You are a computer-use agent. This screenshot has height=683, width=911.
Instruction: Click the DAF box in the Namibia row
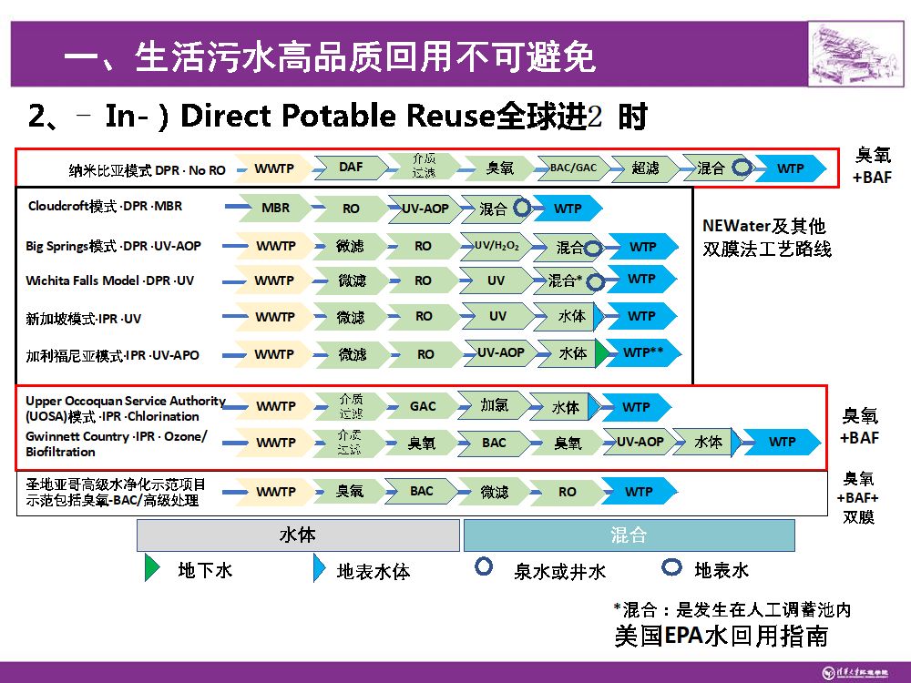tap(351, 168)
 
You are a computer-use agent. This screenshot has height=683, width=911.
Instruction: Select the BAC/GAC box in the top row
tap(573, 168)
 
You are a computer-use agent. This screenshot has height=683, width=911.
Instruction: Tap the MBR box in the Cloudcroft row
tap(275, 208)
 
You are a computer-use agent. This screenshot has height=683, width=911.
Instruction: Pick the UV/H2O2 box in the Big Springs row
tap(496, 246)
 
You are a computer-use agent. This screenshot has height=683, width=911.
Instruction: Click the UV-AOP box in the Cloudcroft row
tap(425, 209)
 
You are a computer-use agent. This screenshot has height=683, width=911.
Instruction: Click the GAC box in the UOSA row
tap(423, 406)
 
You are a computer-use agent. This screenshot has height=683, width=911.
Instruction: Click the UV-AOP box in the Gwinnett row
tap(640, 442)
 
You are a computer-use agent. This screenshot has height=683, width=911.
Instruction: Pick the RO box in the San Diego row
tap(567, 492)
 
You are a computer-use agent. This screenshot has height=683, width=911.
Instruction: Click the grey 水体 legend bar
tap(298, 535)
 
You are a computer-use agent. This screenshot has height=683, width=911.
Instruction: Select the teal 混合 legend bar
tap(629, 535)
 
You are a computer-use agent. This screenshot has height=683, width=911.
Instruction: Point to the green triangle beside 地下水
tap(152, 568)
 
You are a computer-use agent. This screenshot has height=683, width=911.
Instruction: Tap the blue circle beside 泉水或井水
tap(485, 567)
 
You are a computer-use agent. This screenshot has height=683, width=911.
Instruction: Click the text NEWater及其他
tap(763, 226)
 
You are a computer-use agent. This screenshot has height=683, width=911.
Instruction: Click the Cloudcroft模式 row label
tap(105, 206)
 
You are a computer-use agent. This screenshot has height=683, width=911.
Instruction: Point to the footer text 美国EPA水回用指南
tap(721, 636)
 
